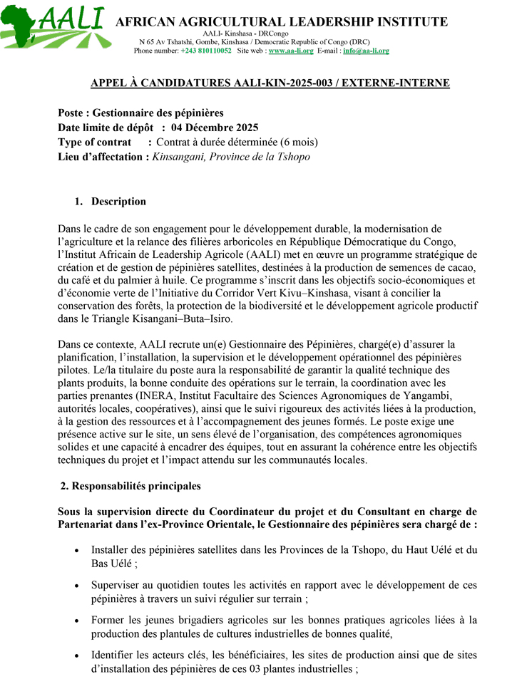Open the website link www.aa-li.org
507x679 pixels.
click(291, 51)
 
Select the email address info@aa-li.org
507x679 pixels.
click(366, 51)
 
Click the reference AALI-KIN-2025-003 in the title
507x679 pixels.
click(284, 83)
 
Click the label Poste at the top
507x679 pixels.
click(73, 113)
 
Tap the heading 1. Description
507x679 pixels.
click(111, 202)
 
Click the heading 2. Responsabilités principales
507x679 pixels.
click(130, 486)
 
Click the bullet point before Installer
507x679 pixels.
click(77, 551)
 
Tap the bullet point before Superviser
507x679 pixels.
click(77, 586)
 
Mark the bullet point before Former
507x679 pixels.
click(77, 621)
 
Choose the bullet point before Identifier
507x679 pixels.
click(77, 655)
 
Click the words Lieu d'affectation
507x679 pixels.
click(103, 157)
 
